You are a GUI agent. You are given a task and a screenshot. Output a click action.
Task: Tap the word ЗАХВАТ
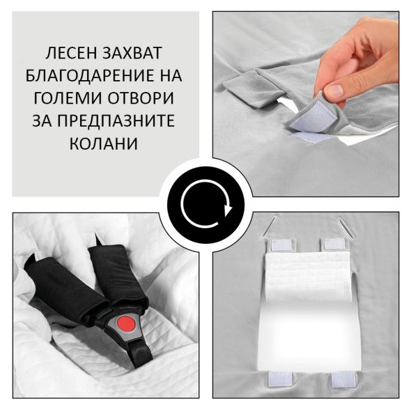[132, 53]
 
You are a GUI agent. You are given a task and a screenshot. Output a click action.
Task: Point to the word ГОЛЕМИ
[68, 98]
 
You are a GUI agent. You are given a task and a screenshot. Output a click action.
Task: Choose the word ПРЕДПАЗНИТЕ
[116, 121]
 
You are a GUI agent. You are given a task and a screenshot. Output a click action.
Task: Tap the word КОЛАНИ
[104, 144]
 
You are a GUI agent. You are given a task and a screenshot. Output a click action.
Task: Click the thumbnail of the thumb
[334, 91]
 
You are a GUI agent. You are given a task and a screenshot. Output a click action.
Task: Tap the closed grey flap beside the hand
[254, 88]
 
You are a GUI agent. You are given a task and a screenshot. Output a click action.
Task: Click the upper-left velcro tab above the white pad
[281, 245]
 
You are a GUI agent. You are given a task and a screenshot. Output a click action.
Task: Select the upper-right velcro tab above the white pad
[334, 245]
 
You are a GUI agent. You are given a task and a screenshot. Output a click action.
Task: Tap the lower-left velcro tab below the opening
[280, 379]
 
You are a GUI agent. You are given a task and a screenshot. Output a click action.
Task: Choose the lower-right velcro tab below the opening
[343, 379]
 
